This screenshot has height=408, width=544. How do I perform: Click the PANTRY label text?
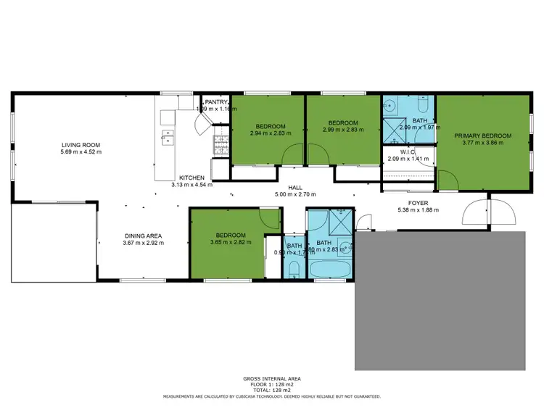(x=215, y=103)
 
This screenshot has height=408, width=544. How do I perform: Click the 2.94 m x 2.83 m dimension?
(x=270, y=133)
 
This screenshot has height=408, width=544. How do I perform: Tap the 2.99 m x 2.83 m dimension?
(x=342, y=130)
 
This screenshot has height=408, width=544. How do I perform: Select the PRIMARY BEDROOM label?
(x=482, y=136)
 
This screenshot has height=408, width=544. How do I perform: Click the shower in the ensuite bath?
(x=395, y=131)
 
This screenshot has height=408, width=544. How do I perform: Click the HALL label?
(x=294, y=188)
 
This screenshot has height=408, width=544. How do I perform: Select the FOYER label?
(x=416, y=204)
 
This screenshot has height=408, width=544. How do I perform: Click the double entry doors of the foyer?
(x=490, y=212)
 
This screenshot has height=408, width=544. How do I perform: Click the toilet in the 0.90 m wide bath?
(x=294, y=269)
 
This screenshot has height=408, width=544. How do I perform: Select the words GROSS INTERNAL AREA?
(x=271, y=378)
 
